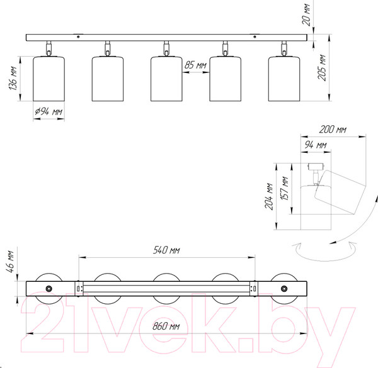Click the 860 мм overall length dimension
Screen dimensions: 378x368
tap(166, 326)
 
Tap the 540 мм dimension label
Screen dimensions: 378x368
tap(166, 250)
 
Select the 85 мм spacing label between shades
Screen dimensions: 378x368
tap(195, 65)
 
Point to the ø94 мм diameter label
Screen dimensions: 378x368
tap(49, 111)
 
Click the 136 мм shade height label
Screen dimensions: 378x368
tap(13, 79)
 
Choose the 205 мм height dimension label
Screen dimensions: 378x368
tap(321, 68)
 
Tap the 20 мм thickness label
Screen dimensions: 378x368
tap(306, 14)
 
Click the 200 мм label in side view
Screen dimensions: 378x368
tap(333, 130)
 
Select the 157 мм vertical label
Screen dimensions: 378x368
tap(285, 188)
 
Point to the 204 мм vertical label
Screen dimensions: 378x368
tap(269, 196)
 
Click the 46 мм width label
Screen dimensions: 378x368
tap(10, 262)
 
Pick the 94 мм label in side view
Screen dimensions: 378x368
tap(316, 145)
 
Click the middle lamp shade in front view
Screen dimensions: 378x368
tap(166, 79)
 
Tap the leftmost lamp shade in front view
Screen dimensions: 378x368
tap(49, 79)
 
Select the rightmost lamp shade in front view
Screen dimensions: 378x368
tap(284, 79)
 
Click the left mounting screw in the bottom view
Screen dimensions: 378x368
tap(49, 289)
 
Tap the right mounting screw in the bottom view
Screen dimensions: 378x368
tap(284, 289)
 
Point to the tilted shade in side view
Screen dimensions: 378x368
tap(340, 192)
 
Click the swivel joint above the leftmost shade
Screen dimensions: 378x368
tap(49, 48)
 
